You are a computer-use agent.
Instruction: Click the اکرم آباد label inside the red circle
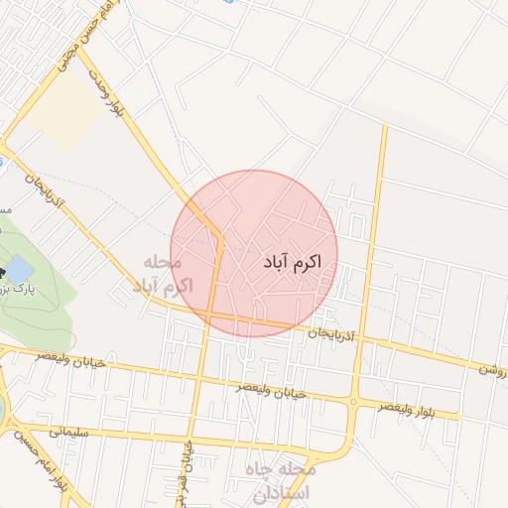click(295, 262)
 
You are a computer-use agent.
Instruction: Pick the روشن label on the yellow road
click(493, 367)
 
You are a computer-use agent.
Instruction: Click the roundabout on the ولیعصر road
click(353, 401)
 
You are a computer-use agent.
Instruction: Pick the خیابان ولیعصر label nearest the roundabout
click(270, 390)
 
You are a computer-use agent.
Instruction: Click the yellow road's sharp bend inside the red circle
click(219, 239)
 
